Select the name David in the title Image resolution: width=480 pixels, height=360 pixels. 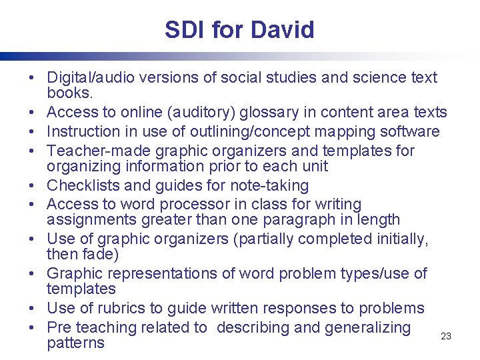coord(283,29)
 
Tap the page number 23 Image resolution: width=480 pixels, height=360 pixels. coord(446,336)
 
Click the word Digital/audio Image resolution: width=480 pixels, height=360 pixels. coord(89,77)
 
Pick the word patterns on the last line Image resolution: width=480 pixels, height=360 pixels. coord(75,343)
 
